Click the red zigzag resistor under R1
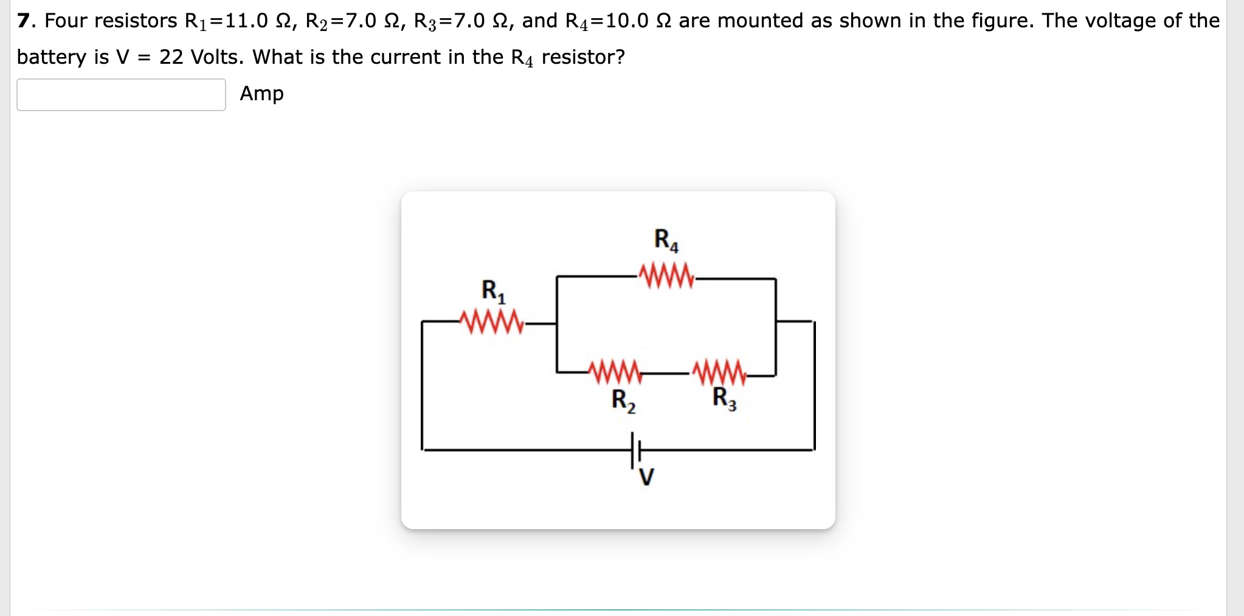tap(492, 322)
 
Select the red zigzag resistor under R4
tap(666, 276)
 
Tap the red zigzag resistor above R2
tap(615, 372)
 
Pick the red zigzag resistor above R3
tap(720, 372)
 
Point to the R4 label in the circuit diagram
tap(666, 240)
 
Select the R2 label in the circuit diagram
tap(623, 401)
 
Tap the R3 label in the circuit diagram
tap(724, 399)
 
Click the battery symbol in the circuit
tap(636, 450)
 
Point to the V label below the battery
tap(646, 477)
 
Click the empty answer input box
tap(121, 95)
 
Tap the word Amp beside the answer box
tap(261, 94)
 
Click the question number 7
tap(23, 21)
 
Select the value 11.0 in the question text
tap(246, 21)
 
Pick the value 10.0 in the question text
tap(627, 21)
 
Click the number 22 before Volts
tap(171, 57)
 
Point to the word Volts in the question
tap(217, 57)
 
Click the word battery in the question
tap(52, 57)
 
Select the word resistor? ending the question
tap(583, 57)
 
